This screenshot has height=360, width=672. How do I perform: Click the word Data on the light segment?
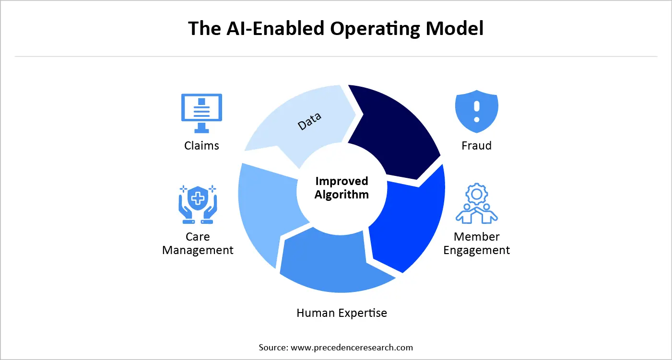[x=309, y=121]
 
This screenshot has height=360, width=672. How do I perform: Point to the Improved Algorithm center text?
[x=342, y=188]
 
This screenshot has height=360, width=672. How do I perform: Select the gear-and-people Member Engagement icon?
[x=476, y=204]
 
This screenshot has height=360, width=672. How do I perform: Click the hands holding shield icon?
[x=198, y=204]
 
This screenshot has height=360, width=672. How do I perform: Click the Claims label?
[x=201, y=146]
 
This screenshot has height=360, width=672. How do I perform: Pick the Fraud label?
[x=476, y=146]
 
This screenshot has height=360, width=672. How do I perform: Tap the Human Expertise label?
[x=342, y=313]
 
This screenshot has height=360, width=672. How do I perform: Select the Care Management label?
[x=198, y=244]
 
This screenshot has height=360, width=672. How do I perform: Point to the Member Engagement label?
[x=476, y=244]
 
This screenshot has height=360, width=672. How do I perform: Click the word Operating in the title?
[x=369, y=29]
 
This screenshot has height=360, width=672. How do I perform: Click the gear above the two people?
[x=476, y=193]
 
